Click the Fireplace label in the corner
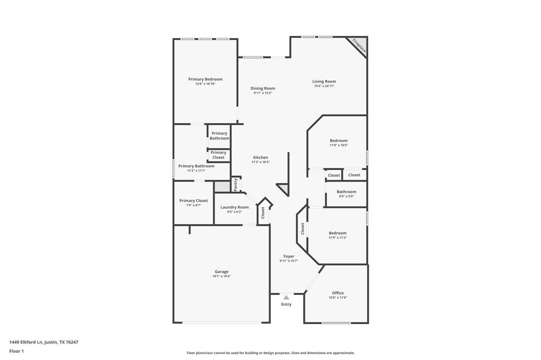pyautogui.click(x=359, y=45)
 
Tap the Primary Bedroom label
pyautogui.click(x=206, y=79)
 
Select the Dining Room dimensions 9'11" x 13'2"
pyautogui.click(x=263, y=93)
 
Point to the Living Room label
pyautogui.click(x=324, y=81)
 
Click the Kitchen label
pyautogui.click(x=260, y=157)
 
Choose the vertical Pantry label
pyautogui.click(x=236, y=184)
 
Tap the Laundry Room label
pyautogui.click(x=235, y=207)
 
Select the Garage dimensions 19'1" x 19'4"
pyautogui.click(x=221, y=276)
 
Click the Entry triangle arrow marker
pyautogui.click(x=286, y=298)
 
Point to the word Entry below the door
pyautogui.click(x=286, y=304)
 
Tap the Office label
pyautogui.click(x=338, y=293)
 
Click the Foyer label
pyautogui.click(x=288, y=256)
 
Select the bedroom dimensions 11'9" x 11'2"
pyautogui.click(x=338, y=238)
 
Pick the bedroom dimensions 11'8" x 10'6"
pyautogui.click(x=339, y=145)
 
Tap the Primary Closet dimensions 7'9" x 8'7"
pyautogui.click(x=193, y=205)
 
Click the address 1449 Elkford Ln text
pyautogui.click(x=44, y=342)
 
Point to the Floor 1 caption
pyautogui.click(x=16, y=351)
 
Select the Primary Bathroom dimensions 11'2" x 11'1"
pyautogui.click(x=196, y=170)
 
